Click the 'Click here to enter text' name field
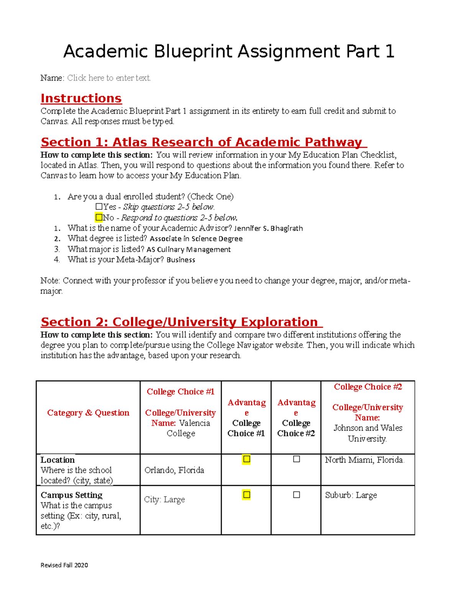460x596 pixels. coord(109,78)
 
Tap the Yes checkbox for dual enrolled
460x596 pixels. coord(99,207)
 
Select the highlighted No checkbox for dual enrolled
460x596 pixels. coord(99,218)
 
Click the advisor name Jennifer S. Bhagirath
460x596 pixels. coord(268,228)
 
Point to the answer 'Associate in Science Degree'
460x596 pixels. coord(196,239)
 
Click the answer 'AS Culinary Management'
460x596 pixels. coord(189,249)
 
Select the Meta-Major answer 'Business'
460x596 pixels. coord(181,260)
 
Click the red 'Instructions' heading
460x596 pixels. coord(81,98)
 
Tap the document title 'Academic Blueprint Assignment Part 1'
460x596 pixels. coord(229,51)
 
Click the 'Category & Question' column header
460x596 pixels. coord(88,413)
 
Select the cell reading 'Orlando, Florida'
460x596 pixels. coord(174,470)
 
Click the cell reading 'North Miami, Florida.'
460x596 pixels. coord(365,460)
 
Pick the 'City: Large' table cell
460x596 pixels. coord(164,499)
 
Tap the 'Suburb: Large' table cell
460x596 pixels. coord(351,495)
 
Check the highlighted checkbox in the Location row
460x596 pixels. coord(246,459)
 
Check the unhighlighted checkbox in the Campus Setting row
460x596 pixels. coord(296,495)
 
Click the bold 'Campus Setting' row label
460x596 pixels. coord(72,495)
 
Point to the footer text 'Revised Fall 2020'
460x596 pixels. coord(64,565)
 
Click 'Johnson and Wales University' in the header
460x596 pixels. coord(368,433)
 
